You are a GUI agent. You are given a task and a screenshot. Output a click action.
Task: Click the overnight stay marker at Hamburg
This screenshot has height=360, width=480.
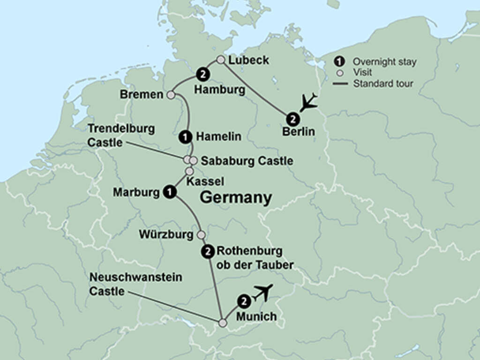pos(203,74)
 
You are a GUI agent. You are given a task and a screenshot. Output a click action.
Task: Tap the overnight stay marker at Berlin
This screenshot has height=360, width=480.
pos(293,118)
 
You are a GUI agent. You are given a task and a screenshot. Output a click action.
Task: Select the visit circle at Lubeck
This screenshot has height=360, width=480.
pos(221,60)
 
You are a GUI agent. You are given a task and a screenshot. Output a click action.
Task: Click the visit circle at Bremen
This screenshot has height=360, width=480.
pos(171,95)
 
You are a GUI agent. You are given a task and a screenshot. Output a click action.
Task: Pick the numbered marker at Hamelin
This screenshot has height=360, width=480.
pos(186,137)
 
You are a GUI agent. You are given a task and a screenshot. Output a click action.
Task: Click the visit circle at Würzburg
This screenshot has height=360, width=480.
pos(201,234)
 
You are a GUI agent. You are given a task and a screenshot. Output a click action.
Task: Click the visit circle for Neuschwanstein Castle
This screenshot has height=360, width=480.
pos(223,322)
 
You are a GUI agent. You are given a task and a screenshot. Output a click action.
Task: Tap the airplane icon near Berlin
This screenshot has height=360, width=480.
pos(308,102)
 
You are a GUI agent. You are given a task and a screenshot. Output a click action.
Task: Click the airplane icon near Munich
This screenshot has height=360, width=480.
pos(262,292)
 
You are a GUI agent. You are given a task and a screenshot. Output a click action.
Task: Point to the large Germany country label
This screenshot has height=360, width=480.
pos(236,198)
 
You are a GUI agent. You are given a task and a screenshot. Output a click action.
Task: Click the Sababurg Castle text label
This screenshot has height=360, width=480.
pos(247,161)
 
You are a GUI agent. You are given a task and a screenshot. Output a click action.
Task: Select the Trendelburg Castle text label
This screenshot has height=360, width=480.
pos(121,135)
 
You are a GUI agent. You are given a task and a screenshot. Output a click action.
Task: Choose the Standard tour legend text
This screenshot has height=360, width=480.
pos(383,84)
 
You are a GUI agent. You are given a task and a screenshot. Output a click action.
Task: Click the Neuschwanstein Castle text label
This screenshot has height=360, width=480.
pos(135,284)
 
